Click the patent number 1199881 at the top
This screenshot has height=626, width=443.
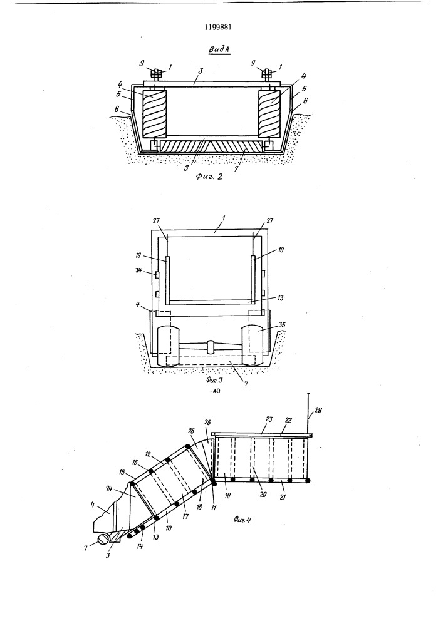(x=218, y=27)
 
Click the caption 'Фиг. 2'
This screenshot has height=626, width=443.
(x=209, y=176)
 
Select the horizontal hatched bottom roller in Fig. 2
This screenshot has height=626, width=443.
(x=211, y=147)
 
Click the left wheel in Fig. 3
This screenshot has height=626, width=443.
(x=170, y=346)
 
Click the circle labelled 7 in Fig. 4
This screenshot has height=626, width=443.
(x=103, y=540)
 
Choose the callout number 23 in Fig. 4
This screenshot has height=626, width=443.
(x=268, y=419)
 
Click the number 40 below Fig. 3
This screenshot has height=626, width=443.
(x=216, y=391)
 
